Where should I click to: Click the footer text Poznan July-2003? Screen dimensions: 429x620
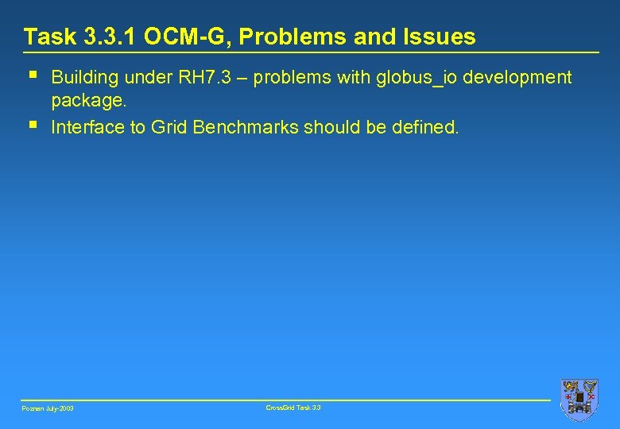(48, 408)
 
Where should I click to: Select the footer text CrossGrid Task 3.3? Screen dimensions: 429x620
(294, 408)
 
